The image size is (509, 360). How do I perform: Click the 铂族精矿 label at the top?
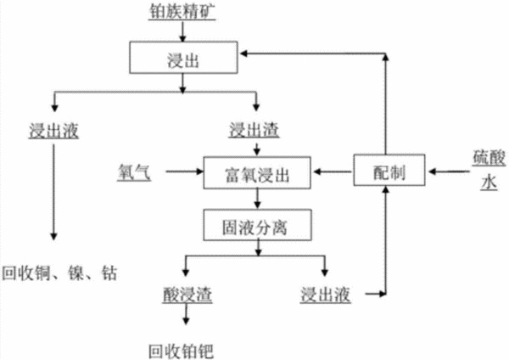pyautogui.click(x=182, y=12)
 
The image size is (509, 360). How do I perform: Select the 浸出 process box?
pyautogui.click(x=183, y=57)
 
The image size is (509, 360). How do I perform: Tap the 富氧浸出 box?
pyautogui.click(x=257, y=172)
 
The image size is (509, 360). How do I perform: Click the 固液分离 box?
pyautogui.click(x=257, y=225)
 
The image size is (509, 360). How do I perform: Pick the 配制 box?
pyautogui.click(x=389, y=170)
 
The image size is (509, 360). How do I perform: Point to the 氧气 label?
pyautogui.click(x=134, y=172)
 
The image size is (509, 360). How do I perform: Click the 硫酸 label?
pyautogui.click(x=489, y=159)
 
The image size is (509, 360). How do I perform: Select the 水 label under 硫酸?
pyautogui.click(x=489, y=183)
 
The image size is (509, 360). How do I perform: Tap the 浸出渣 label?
pyautogui.click(x=254, y=130)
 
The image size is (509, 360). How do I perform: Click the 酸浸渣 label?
pyautogui.click(x=187, y=295)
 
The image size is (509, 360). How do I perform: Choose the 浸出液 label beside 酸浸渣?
pyautogui.click(x=325, y=295)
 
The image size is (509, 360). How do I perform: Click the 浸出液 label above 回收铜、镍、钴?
pyautogui.click(x=53, y=131)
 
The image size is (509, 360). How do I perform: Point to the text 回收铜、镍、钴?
pyautogui.click(x=59, y=273)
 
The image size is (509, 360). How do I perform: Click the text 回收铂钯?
pyautogui.click(x=182, y=352)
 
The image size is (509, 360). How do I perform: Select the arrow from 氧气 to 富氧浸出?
pyautogui.click(x=185, y=172)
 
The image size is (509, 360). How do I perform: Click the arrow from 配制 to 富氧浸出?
pyautogui.click(x=332, y=172)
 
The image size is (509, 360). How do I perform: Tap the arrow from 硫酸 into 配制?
pyautogui.click(x=450, y=172)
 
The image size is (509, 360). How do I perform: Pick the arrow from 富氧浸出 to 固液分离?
pyautogui.click(x=257, y=199)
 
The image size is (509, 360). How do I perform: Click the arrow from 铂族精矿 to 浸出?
pyautogui.click(x=182, y=32)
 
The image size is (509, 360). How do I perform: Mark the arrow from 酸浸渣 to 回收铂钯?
pyautogui.click(x=186, y=314)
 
